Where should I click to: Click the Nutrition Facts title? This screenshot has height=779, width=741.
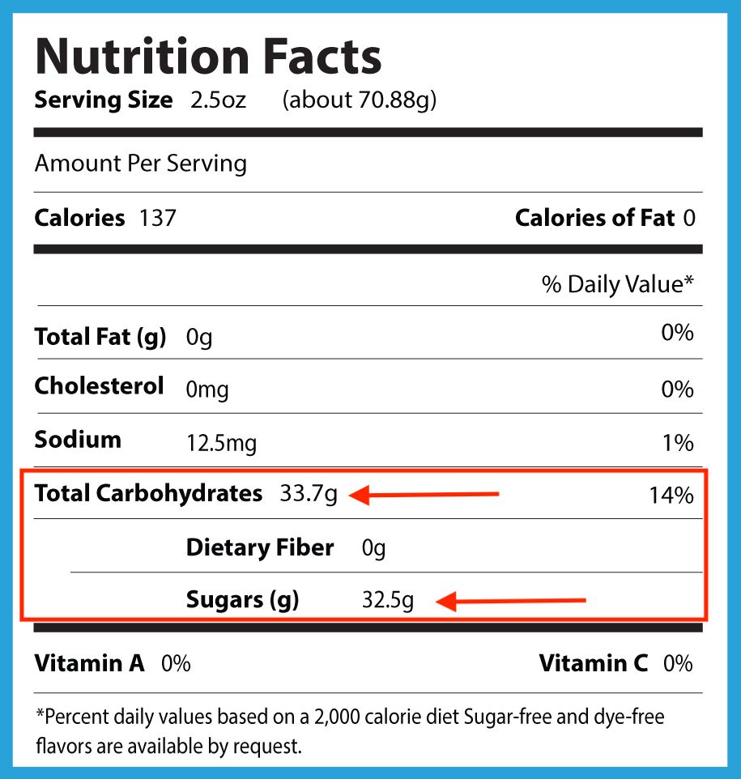207,57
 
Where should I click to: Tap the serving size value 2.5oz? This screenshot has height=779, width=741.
218,100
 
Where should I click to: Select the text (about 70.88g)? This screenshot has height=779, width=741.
360,100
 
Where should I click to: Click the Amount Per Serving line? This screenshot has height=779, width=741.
140,164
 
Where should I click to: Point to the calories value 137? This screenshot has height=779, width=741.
158,218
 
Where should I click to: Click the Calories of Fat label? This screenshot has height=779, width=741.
594,218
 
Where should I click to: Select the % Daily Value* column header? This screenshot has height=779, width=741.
619,284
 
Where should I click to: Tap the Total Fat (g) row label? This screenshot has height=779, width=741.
100,336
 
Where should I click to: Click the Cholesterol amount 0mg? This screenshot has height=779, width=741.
207,390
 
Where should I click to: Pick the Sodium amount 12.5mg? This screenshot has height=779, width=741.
221,444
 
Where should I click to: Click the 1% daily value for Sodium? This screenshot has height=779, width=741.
678,443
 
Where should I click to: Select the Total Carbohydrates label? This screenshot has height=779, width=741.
148,493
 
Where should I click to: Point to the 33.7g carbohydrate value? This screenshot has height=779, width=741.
308,494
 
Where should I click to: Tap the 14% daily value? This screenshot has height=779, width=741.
671,495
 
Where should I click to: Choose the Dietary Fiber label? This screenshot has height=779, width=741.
259,547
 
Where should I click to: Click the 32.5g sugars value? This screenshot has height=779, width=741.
388,602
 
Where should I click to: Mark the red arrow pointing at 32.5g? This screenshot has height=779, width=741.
510,601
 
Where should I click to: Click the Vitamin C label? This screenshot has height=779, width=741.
594,664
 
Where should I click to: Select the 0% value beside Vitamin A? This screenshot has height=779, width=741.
176,664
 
